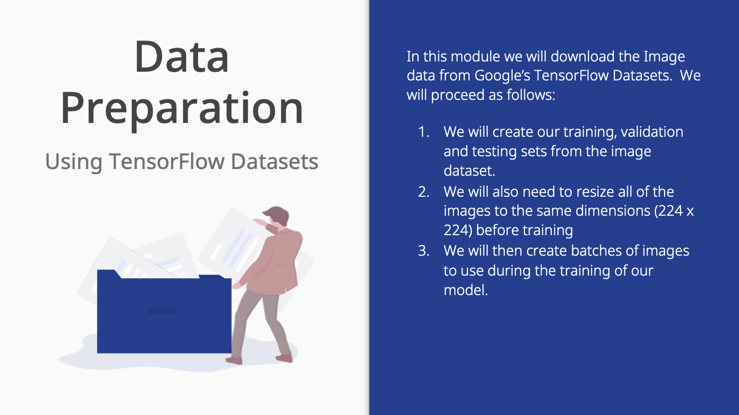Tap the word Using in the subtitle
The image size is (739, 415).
(73, 162)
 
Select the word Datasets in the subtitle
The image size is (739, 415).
(275, 161)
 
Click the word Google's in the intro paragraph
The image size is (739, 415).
(502, 76)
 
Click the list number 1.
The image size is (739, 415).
(423, 132)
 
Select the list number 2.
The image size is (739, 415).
(423, 192)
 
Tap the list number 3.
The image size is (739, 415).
(423, 251)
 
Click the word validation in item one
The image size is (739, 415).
(652, 132)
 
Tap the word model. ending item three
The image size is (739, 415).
(465, 290)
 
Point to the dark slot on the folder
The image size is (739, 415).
(163, 312)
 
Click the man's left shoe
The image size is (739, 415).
(234, 360)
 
